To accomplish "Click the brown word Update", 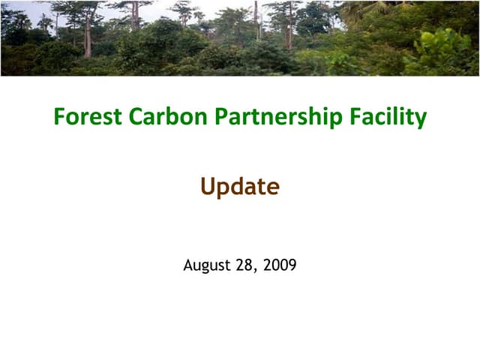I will [239, 187].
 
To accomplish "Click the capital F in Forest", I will [59, 117].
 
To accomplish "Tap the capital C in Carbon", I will [136, 117].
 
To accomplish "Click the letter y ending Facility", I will [421, 120].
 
